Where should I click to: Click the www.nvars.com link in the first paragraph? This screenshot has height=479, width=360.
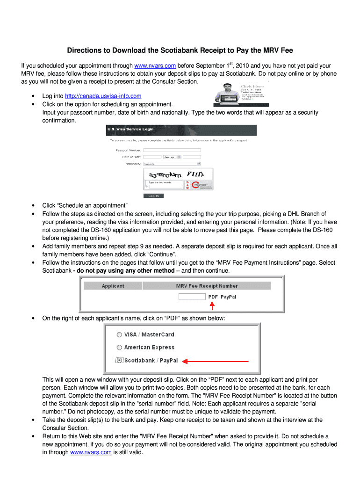click(x=155, y=66)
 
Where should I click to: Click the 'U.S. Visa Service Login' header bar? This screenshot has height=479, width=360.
click(x=181, y=130)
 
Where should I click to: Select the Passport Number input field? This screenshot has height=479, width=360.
click(x=172, y=150)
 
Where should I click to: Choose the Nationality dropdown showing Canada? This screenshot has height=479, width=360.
click(x=172, y=164)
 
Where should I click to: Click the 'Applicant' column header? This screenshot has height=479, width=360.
click(x=113, y=286)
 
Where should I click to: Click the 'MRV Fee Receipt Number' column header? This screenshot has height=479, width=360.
click(x=207, y=286)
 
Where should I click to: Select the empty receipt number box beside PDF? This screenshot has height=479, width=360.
click(x=192, y=297)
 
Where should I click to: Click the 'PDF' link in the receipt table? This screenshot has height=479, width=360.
click(x=213, y=297)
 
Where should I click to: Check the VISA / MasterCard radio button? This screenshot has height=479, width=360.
click(x=120, y=334)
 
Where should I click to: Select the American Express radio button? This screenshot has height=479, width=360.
click(x=120, y=348)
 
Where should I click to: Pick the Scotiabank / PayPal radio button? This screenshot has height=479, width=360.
click(x=120, y=361)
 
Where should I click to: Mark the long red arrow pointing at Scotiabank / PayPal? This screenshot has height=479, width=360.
click(x=215, y=361)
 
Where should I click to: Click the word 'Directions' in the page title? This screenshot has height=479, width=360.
click(x=85, y=50)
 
